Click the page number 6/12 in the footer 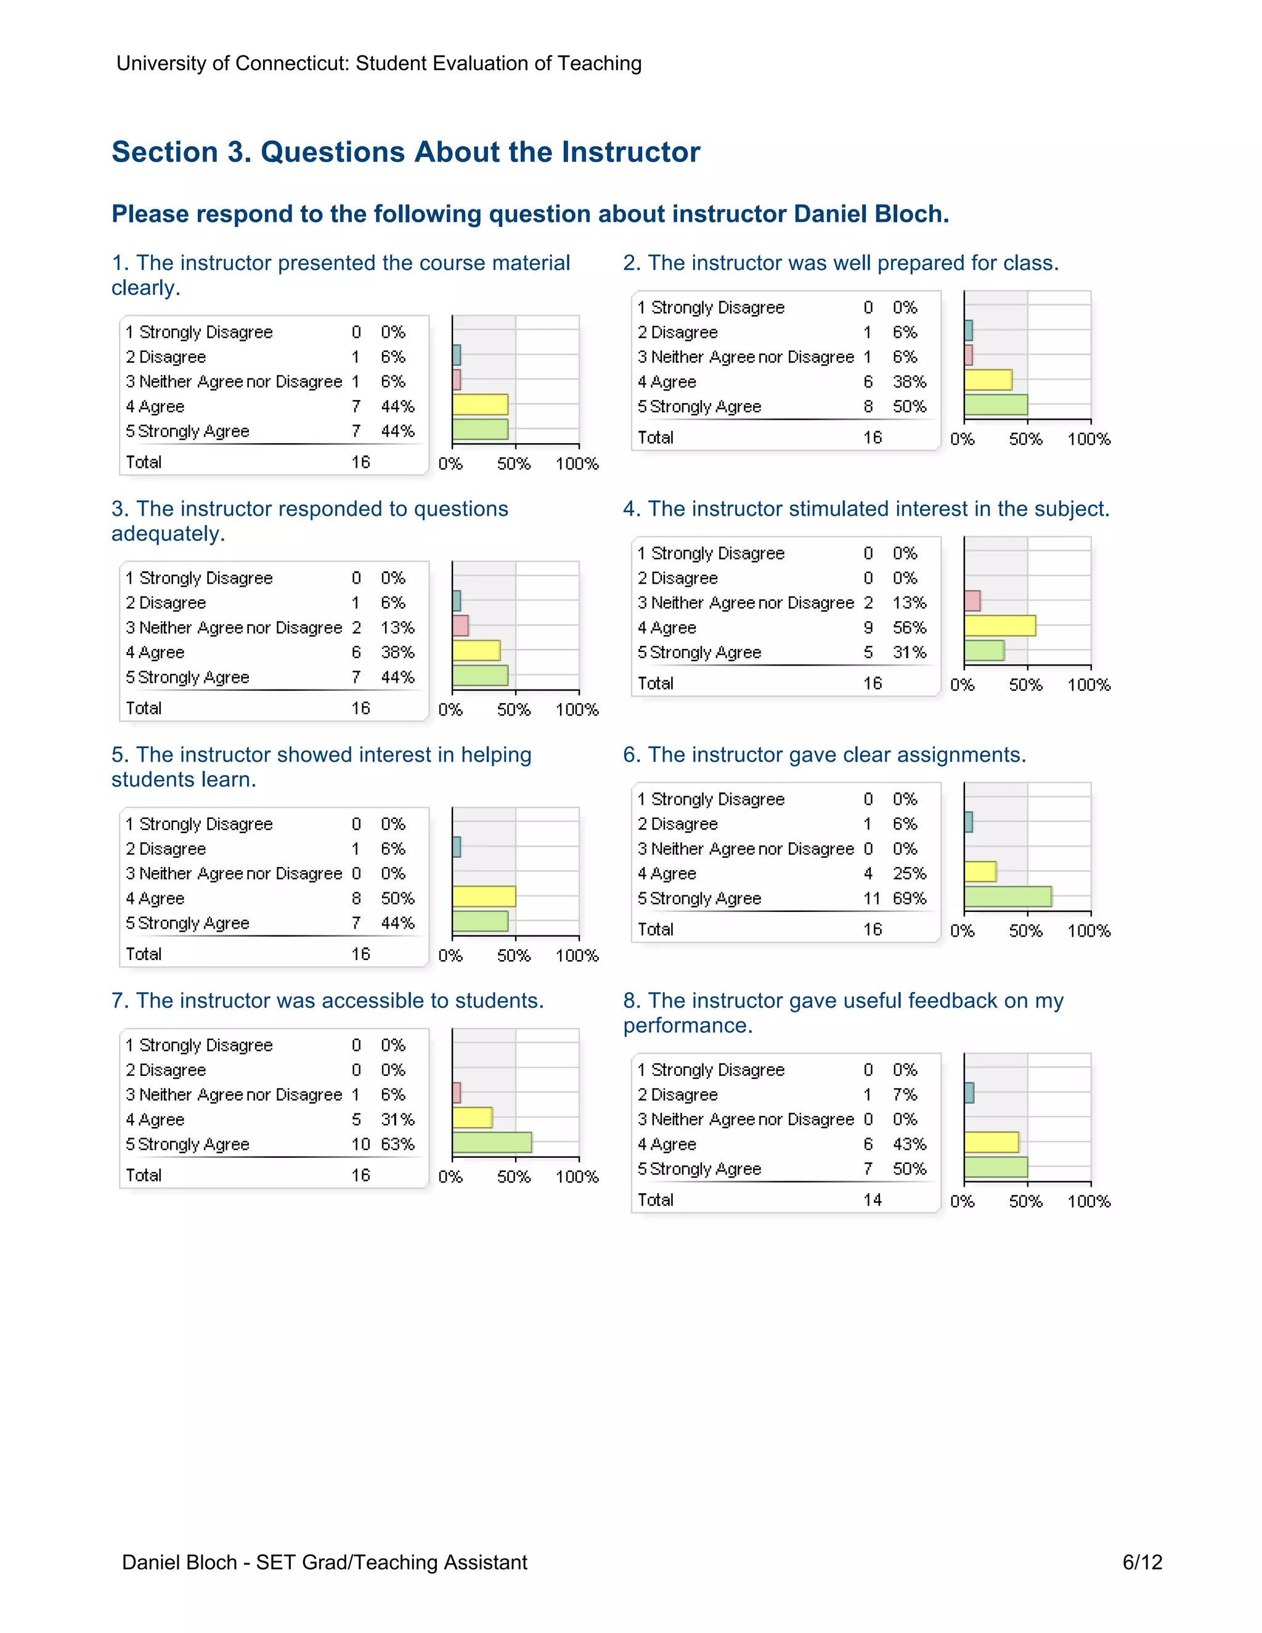click(x=1142, y=1562)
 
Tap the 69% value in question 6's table click(x=909, y=898)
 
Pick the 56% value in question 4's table click(x=909, y=627)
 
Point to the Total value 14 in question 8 click(x=872, y=1199)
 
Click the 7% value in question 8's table click(x=905, y=1094)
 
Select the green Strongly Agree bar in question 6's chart click(x=1008, y=897)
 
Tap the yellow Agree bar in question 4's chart click(x=999, y=626)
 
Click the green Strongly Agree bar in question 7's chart click(x=492, y=1142)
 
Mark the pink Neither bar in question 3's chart click(x=460, y=626)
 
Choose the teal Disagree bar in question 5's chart click(x=457, y=847)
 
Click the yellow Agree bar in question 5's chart click(x=484, y=897)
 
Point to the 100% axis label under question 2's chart click(x=1089, y=439)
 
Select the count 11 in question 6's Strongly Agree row click(x=872, y=898)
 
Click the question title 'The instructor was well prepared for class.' click(x=841, y=263)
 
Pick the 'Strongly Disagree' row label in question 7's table click(x=199, y=1045)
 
